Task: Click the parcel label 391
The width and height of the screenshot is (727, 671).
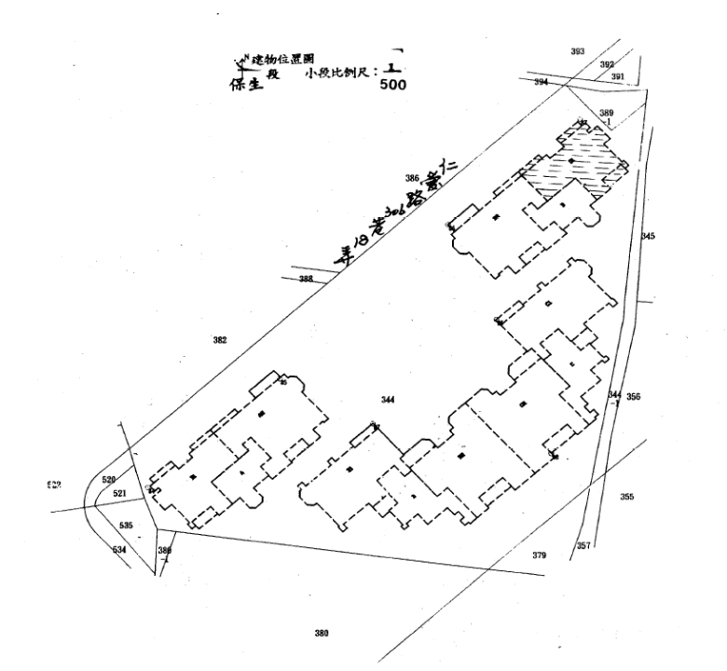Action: [616, 76]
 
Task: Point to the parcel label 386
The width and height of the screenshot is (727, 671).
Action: [411, 177]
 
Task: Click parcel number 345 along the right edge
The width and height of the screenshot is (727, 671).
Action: [649, 236]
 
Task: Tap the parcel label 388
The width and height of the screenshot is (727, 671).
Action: [306, 280]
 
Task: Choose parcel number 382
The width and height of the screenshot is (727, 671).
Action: [220, 340]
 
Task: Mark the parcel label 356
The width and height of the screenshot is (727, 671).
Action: [634, 397]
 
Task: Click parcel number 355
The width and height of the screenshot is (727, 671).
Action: [626, 497]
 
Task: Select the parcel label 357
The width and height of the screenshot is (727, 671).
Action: [583, 545]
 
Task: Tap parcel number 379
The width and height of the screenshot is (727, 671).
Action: [539, 555]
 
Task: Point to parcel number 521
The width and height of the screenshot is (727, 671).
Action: [118, 493]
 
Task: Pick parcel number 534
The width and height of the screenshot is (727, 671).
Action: [118, 550]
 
